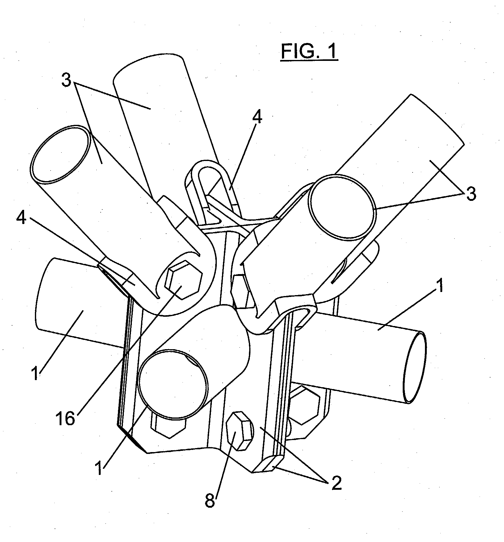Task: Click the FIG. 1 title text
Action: pos(309,51)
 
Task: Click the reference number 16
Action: pos(65,419)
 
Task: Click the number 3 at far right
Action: pos(471,194)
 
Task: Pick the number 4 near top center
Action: pos(257,117)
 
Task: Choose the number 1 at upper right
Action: pos(439,286)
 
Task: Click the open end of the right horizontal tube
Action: pos(415,368)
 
